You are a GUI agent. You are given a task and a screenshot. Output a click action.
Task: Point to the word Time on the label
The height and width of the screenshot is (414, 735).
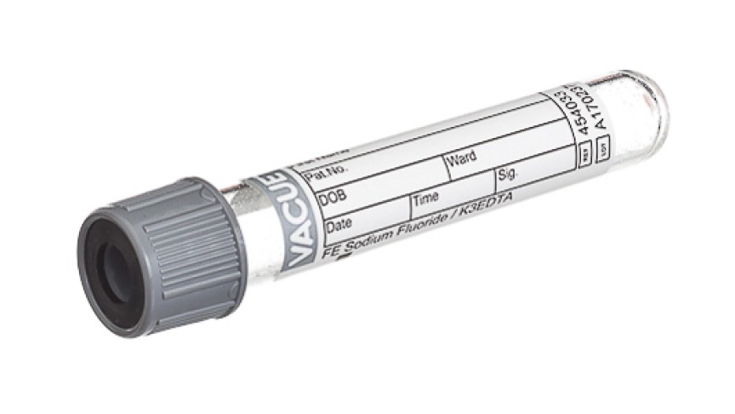click(x=424, y=198)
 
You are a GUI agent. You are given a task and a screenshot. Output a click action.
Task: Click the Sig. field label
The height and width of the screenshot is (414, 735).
click(x=509, y=175)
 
